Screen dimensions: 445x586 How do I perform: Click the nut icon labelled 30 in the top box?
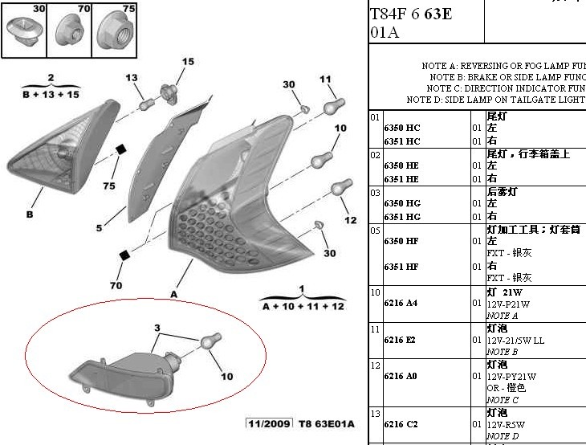point(23,32)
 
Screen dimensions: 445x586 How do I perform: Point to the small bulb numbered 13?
point(146,104)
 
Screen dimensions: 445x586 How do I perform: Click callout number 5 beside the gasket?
point(100,228)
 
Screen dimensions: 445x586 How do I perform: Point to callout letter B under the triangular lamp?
point(30,214)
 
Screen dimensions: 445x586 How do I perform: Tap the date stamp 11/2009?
point(270,423)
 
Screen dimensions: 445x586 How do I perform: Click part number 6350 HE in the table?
point(402,165)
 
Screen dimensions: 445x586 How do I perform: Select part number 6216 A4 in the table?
point(401,304)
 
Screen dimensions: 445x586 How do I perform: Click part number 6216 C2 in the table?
point(401,423)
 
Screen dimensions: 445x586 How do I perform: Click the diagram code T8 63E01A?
point(327,423)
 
